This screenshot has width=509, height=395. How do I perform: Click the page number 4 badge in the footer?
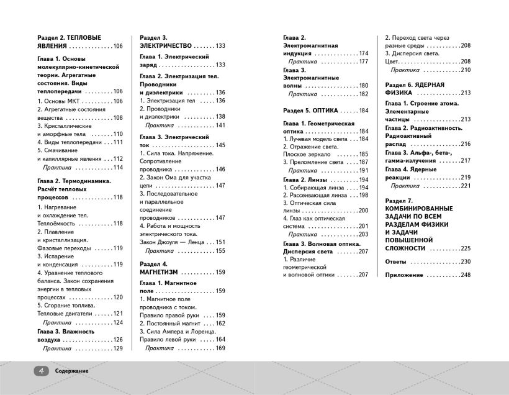41,370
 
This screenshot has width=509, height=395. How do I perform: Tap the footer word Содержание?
71,371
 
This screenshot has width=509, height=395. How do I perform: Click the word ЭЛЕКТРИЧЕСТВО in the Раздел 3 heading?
165,46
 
